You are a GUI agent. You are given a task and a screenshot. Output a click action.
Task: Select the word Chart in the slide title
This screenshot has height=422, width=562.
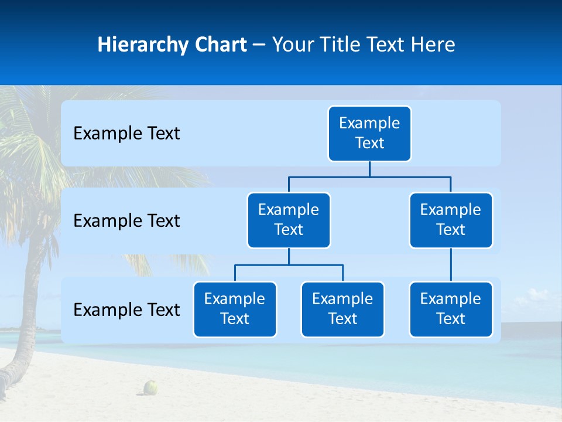(220, 45)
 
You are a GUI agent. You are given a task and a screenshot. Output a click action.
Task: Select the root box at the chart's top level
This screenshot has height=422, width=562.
(369, 134)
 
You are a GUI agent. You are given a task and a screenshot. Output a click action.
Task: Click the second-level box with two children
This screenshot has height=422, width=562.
(289, 220)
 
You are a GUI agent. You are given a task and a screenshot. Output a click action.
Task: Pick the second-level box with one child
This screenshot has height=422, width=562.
(451, 220)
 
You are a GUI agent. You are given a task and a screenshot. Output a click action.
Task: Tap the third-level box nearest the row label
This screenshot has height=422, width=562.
(235, 309)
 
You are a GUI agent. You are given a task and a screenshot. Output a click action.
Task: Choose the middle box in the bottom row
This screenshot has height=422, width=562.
(342, 309)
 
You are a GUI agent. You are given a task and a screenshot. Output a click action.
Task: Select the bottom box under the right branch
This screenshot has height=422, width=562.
(451, 309)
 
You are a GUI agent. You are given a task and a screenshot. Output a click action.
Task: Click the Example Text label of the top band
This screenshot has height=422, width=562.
(126, 134)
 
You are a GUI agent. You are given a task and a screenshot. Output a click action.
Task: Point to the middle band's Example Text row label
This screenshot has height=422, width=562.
(126, 221)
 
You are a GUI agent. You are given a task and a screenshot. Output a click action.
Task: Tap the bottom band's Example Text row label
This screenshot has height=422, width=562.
(126, 309)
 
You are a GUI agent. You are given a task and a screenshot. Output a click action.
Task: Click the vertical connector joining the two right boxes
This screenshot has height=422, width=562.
(451, 265)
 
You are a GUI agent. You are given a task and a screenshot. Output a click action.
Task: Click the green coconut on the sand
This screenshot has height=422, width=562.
(151, 387)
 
